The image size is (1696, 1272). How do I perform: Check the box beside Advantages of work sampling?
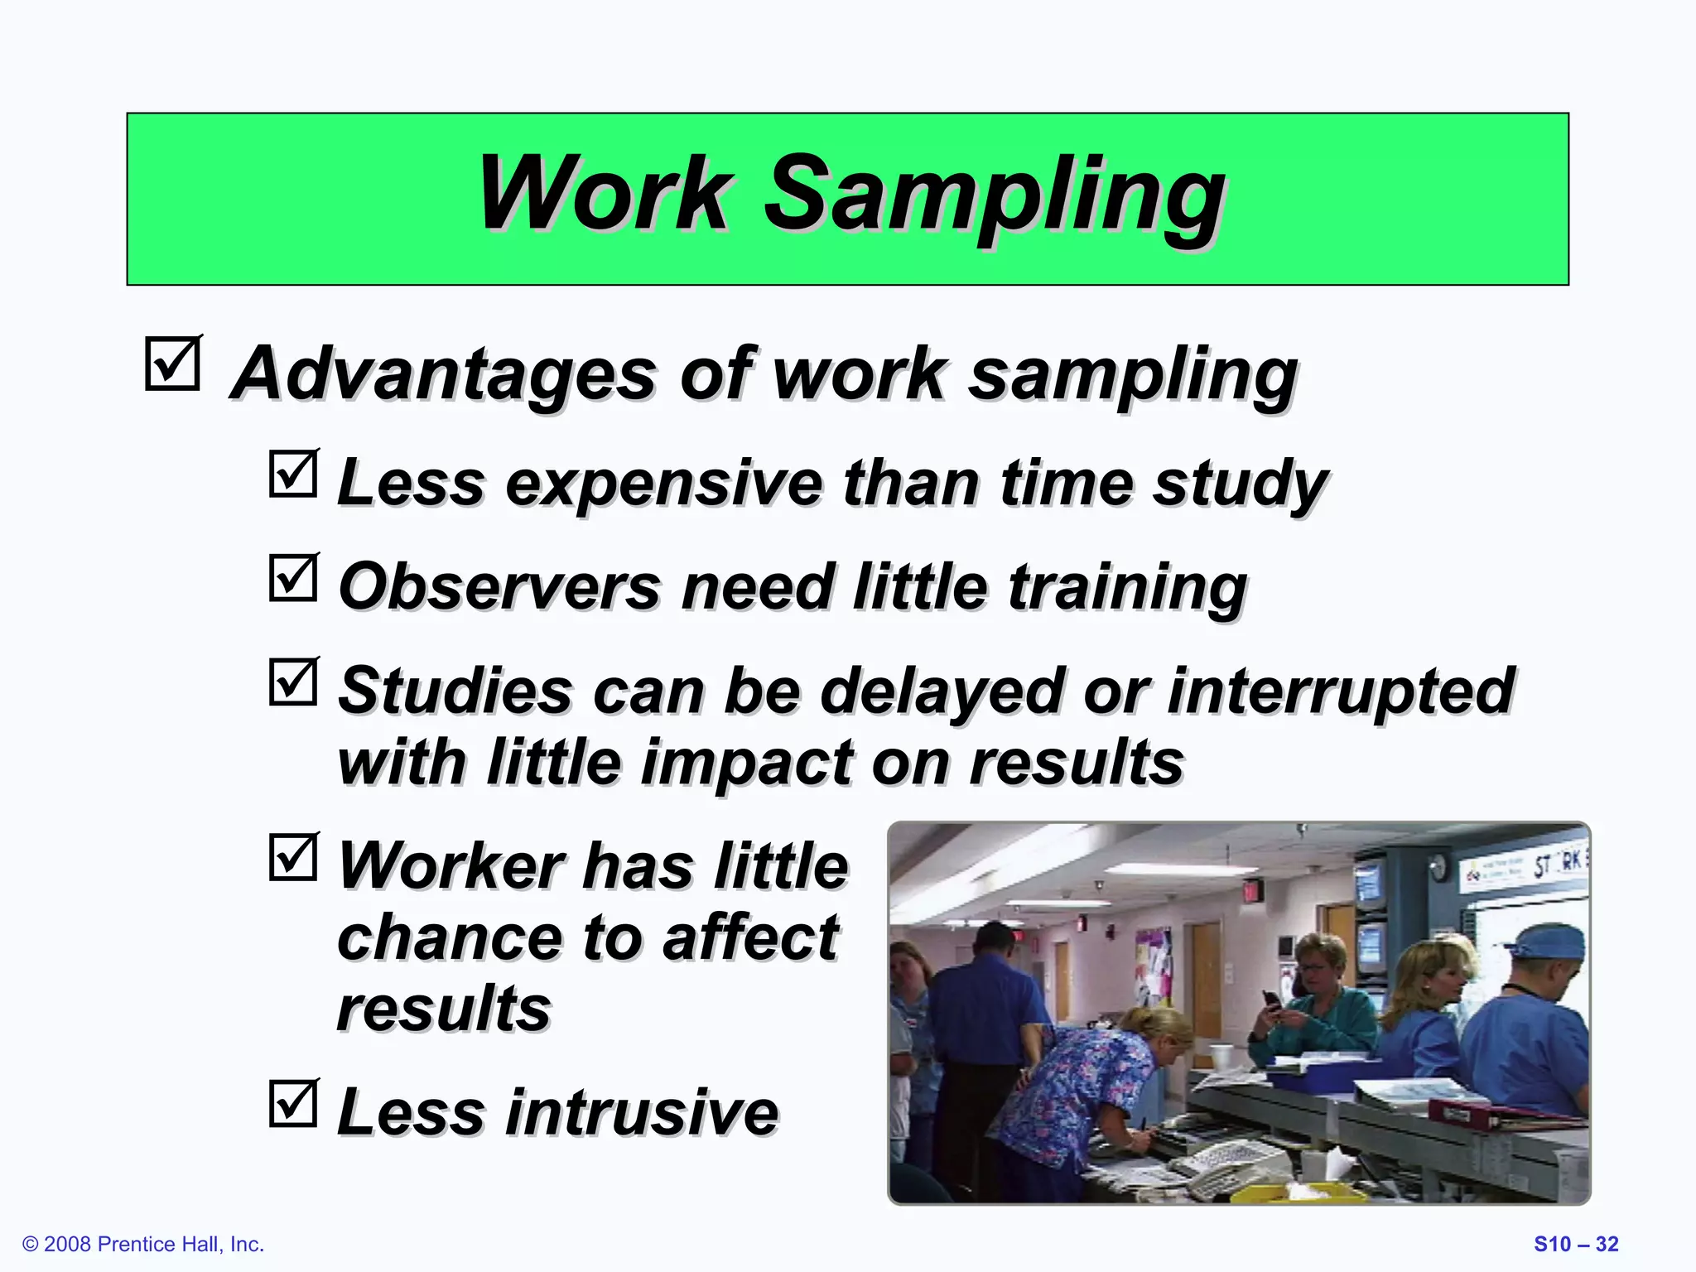click(x=172, y=364)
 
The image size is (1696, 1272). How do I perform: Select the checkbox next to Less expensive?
click(x=293, y=474)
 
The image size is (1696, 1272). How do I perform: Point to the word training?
click(x=1127, y=586)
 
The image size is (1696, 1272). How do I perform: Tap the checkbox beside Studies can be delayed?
click(x=293, y=682)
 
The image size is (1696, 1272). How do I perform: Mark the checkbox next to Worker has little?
click(x=293, y=857)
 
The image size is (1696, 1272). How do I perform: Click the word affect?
click(x=749, y=937)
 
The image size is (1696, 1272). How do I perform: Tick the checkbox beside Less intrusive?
click(x=293, y=1103)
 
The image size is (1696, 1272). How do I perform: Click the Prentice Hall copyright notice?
click(x=143, y=1245)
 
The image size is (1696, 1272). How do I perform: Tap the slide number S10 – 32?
click(x=1575, y=1245)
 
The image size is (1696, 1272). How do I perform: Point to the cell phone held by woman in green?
click(x=1271, y=1000)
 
